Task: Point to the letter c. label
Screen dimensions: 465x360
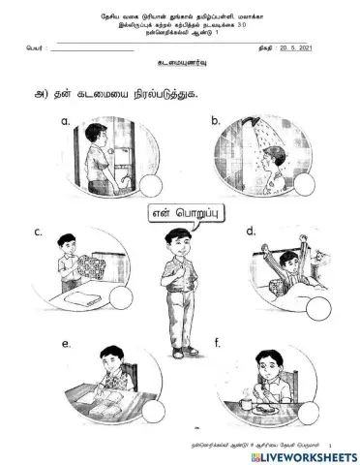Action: pyautogui.click(x=38, y=232)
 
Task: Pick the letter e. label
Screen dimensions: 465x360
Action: pyautogui.click(x=66, y=344)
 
